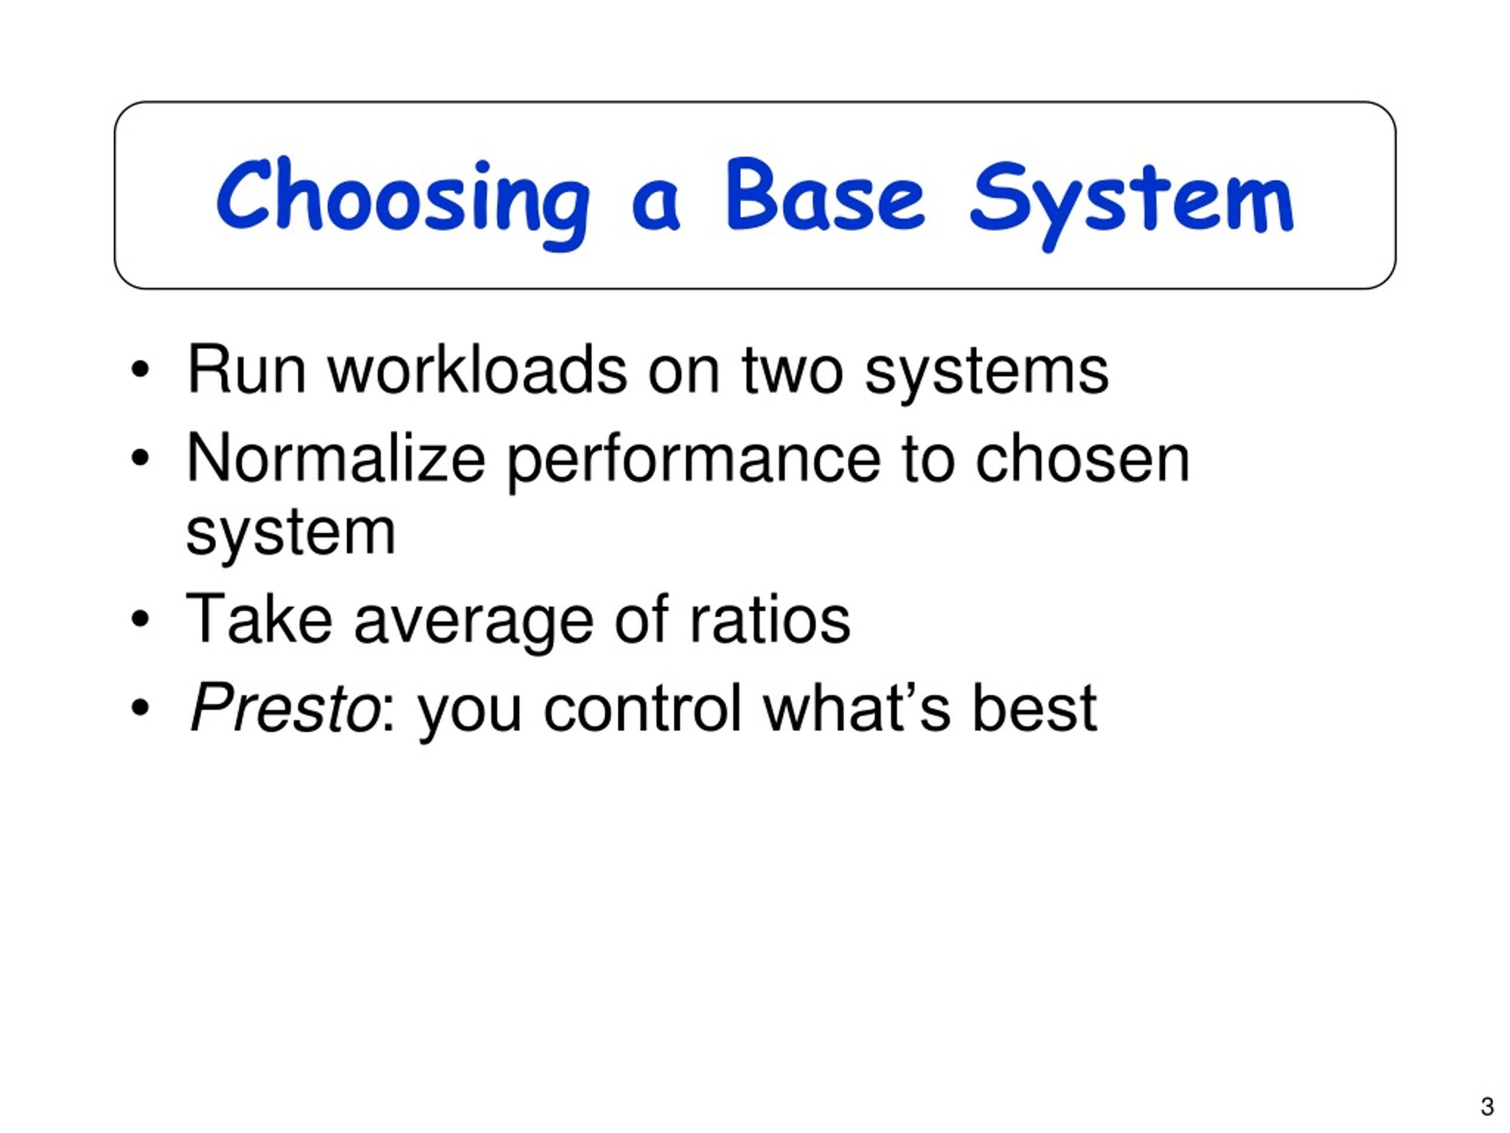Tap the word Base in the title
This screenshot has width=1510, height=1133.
coord(825,195)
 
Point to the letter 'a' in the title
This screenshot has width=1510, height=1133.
coord(656,205)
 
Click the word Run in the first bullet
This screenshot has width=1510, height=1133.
coord(246,369)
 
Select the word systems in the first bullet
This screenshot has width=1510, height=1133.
coord(986,375)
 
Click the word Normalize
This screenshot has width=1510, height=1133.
coord(335,459)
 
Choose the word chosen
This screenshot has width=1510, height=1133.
coord(1082,459)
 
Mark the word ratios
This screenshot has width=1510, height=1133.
coord(770,619)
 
